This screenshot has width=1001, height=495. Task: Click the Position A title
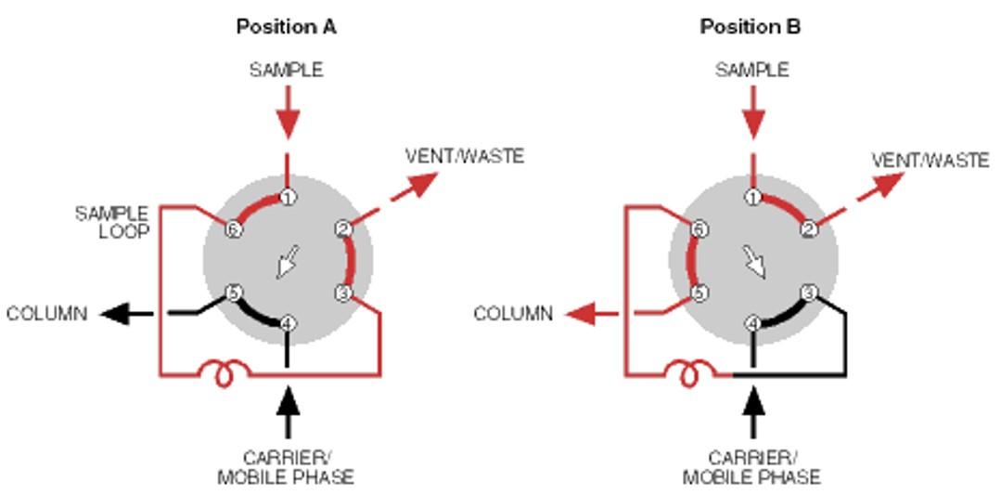[x=286, y=26]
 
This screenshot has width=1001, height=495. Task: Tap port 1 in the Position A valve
[x=288, y=197]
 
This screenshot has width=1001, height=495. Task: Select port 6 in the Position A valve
[x=234, y=228]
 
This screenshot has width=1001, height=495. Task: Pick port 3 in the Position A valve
[x=342, y=293]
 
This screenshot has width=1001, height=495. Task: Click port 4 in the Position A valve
[x=288, y=324]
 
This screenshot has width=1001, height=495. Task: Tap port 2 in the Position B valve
[x=808, y=228]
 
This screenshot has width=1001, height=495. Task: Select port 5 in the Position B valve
[x=699, y=293]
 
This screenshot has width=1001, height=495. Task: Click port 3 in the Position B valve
[x=808, y=293]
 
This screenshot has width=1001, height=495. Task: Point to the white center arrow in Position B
[x=755, y=262]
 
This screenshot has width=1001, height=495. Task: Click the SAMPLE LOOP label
[x=111, y=223]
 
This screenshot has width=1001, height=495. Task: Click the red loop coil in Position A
[x=223, y=372]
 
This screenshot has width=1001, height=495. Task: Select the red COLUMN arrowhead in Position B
[x=581, y=314]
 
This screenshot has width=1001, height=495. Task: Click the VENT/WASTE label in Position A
[x=464, y=156]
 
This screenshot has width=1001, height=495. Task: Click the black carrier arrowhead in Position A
[x=288, y=401]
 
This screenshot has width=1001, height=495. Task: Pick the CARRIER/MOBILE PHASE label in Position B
[x=751, y=468]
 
